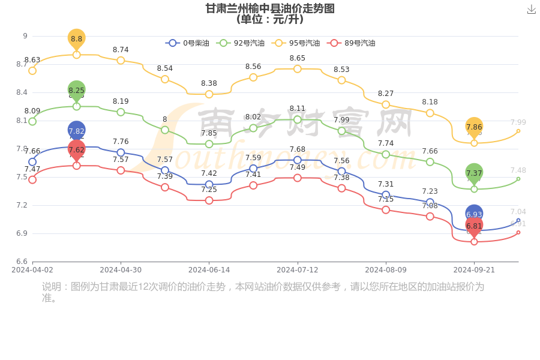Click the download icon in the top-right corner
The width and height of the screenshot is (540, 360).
click(531, 10)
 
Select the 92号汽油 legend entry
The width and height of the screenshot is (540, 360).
click(240, 43)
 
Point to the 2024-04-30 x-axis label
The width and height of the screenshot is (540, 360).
click(121, 270)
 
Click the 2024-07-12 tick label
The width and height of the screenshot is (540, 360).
click(298, 270)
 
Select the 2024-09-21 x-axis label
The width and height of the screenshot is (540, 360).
click(474, 270)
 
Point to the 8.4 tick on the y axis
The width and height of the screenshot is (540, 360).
click(21, 92)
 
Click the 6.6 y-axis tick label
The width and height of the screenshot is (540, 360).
click(21, 262)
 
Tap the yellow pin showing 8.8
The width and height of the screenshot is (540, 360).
click(77, 39)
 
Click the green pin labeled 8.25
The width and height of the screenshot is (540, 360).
click(77, 91)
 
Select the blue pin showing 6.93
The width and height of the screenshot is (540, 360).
click(474, 214)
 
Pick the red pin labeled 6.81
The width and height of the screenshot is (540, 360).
click(474, 226)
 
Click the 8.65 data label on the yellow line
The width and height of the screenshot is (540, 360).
click(298, 58)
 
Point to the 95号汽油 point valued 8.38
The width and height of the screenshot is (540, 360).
click(209, 94)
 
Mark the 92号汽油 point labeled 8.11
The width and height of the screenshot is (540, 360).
click(298, 119)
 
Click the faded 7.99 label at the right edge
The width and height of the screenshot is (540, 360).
click(518, 122)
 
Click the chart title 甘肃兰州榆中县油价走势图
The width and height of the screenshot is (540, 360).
click(270, 8)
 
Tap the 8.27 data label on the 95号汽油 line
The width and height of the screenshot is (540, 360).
click(386, 94)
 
